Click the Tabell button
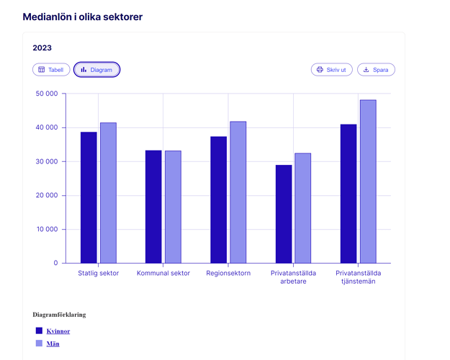click(x=51, y=70)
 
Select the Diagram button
click(x=96, y=70)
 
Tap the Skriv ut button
click(x=331, y=70)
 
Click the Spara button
click(x=376, y=70)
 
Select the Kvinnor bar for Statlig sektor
click(x=89, y=197)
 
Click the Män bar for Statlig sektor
click(x=108, y=193)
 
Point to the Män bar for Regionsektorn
click(x=238, y=192)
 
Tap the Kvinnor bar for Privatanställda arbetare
click(x=284, y=214)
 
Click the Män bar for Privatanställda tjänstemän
click(x=368, y=181)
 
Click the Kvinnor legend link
click(x=58, y=331)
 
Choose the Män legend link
click(x=53, y=344)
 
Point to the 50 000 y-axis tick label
click(x=46, y=94)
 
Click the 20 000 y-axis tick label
click(x=46, y=195)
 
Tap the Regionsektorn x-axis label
click(x=228, y=274)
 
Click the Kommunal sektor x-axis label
click(x=163, y=274)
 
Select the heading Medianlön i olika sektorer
click(x=82, y=17)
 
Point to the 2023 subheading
click(x=42, y=48)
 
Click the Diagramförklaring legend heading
click(x=59, y=315)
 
